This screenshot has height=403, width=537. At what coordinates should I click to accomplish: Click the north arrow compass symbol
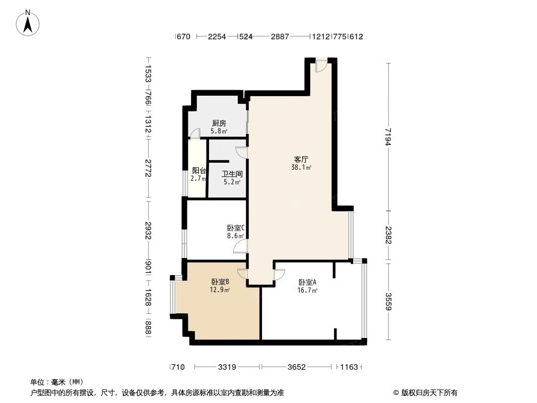(x=28, y=22)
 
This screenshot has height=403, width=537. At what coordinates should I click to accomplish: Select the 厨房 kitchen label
(x=219, y=123)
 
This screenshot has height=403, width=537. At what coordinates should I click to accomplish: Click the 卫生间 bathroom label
(x=232, y=174)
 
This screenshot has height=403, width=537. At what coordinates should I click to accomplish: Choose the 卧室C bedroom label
(x=235, y=228)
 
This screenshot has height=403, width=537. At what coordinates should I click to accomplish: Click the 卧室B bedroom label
(x=220, y=282)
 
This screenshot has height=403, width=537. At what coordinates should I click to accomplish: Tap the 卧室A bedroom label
(x=307, y=283)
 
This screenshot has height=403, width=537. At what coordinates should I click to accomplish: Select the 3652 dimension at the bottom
(x=297, y=367)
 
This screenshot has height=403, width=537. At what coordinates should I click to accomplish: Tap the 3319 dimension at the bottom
(x=228, y=367)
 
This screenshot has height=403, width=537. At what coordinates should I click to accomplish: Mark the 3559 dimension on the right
(x=387, y=301)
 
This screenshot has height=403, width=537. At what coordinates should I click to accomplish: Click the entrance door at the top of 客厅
(x=321, y=66)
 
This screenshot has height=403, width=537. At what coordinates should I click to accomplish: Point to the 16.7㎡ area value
(x=307, y=291)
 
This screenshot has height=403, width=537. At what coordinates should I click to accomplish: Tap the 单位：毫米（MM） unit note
(x=56, y=382)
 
